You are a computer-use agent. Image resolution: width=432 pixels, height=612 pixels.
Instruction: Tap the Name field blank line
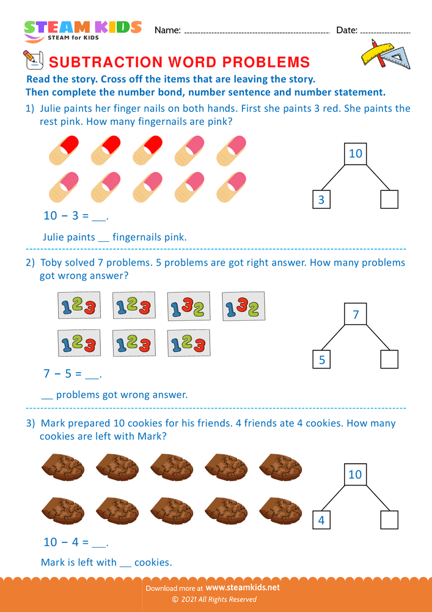[257, 31]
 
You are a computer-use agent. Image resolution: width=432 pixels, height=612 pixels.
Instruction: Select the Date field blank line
[385, 31]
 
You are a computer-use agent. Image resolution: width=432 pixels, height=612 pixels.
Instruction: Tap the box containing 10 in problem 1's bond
[355, 153]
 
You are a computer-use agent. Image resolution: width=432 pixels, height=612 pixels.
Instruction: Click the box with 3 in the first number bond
[321, 200]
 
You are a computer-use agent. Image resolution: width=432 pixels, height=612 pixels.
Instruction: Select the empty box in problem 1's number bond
[389, 200]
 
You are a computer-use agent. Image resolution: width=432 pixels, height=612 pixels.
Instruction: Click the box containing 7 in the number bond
[355, 315]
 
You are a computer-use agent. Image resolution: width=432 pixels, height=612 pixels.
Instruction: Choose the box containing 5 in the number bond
[321, 360]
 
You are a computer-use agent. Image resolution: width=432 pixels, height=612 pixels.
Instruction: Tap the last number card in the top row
[243, 305]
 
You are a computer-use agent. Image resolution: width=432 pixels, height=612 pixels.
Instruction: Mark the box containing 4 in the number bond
[321, 520]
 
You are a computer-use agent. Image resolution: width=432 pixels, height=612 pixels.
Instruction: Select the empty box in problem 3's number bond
[389, 520]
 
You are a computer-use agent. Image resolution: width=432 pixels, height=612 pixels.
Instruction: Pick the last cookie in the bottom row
[279, 509]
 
